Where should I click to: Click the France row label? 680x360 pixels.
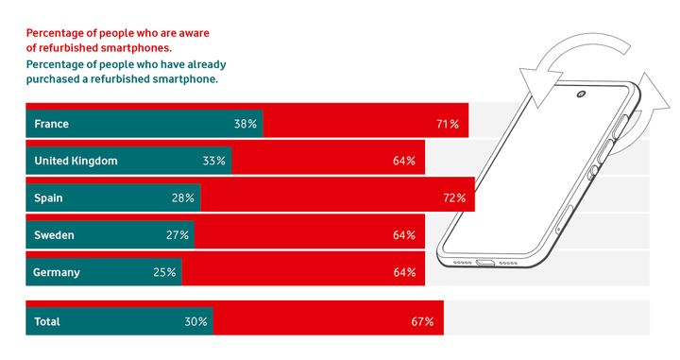tap(51, 124)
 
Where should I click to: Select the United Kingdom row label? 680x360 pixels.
tap(76, 161)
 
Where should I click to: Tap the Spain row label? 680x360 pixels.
tap(49, 198)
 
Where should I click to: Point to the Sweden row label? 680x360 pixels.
tap(54, 235)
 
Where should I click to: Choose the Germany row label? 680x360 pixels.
tap(57, 273)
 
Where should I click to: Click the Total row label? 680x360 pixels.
tap(47, 322)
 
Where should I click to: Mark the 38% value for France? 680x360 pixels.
tap(246, 124)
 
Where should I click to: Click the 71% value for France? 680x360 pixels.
tap(448, 124)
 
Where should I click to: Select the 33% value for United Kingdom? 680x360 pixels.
tap(214, 161)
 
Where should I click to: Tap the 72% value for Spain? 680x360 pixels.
tap(454, 198)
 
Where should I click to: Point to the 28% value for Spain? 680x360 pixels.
tap(183, 198)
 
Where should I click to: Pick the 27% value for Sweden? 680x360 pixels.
tap(178, 235)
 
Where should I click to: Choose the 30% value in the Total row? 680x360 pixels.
tap(196, 322)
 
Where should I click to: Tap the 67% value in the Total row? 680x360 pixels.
tap(422, 322)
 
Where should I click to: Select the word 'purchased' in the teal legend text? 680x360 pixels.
tap(55, 79)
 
